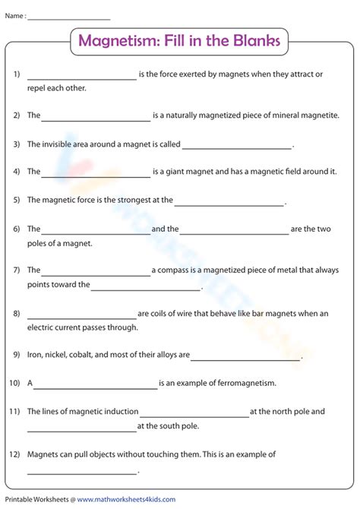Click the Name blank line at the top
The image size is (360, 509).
[x=68, y=17]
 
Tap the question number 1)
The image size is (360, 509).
[x=16, y=74]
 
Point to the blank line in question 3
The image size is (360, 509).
[x=237, y=146]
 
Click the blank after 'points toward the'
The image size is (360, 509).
[x=147, y=288]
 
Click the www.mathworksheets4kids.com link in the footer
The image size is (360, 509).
[x=126, y=500]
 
